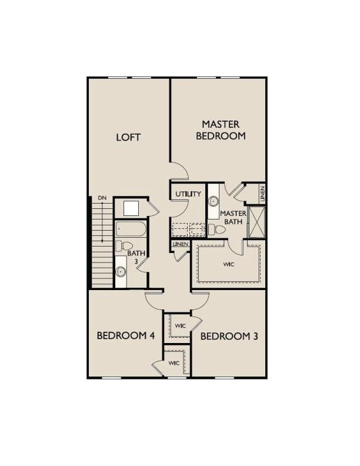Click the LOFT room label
click(128, 137)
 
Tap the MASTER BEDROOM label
click(221, 129)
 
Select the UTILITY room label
click(188, 194)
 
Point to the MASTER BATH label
click(232, 217)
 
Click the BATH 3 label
click(135, 257)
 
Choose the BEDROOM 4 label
click(125, 335)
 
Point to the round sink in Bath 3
click(121, 272)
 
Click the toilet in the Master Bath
click(217, 229)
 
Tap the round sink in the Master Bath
click(214, 201)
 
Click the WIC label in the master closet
click(229, 264)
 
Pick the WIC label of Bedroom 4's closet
click(174, 363)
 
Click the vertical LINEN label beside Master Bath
click(262, 193)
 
